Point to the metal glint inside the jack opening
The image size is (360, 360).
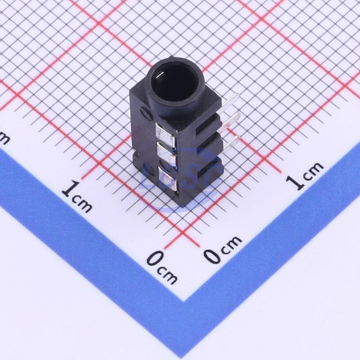pyautogui.click(x=159, y=74)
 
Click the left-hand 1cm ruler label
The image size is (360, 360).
pyautogui.click(x=77, y=196)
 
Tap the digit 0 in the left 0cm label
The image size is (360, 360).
pyautogui.click(x=153, y=260)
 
